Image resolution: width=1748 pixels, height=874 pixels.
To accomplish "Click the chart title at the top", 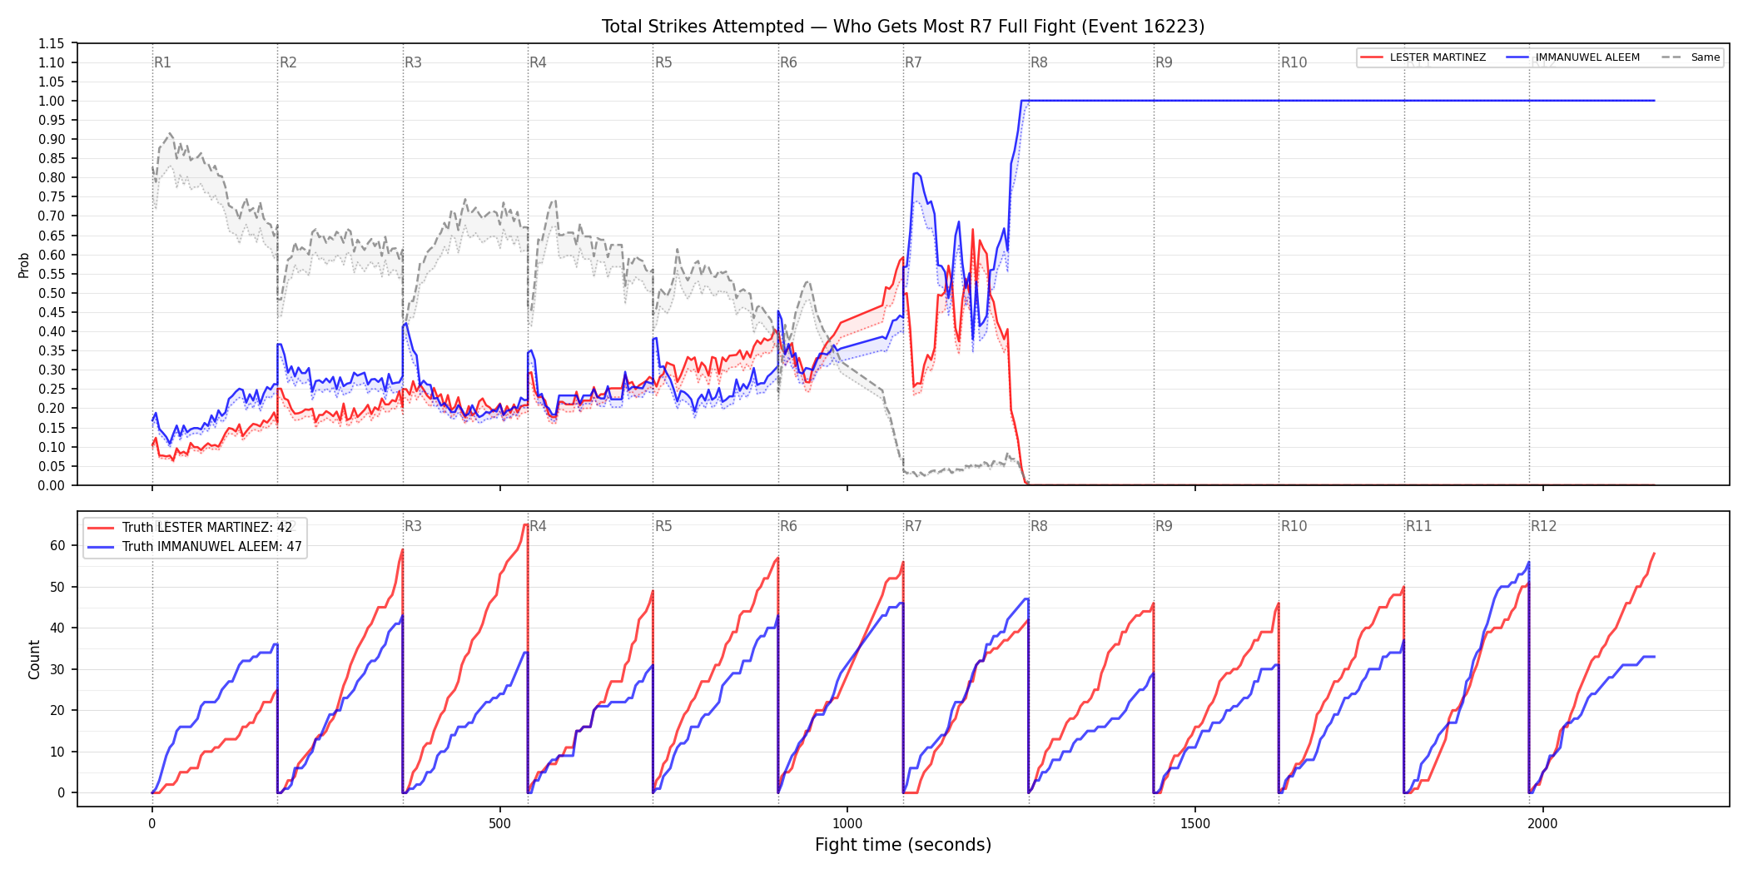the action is click(903, 27).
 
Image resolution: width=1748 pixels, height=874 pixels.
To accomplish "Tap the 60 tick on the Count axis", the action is click(57, 546).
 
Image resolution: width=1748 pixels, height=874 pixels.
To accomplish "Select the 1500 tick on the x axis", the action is click(1195, 823).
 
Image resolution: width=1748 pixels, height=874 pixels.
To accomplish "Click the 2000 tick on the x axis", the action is click(1542, 823).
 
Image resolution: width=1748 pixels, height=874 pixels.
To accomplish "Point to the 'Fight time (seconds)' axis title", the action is click(903, 845).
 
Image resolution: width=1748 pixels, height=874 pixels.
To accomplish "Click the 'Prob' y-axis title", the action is click(24, 265).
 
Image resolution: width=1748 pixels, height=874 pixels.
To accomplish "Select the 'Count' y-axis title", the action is click(34, 659).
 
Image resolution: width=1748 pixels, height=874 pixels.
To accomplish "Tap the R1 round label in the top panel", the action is click(162, 62).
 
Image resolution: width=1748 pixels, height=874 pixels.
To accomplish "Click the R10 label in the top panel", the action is click(1294, 62).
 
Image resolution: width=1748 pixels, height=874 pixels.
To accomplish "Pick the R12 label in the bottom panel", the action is click(1543, 526).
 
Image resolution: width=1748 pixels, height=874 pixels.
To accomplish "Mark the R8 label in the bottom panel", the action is click(1039, 526).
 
